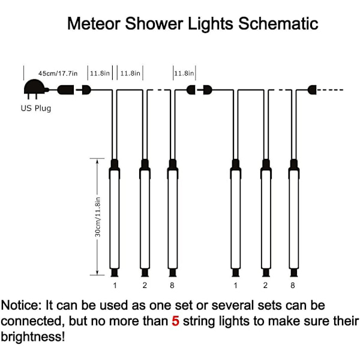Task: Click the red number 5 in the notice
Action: (x=175, y=320)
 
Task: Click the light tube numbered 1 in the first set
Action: (x=114, y=218)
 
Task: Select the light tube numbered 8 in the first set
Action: (x=173, y=218)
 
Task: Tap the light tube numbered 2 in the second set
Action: (x=265, y=218)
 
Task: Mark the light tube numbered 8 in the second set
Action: (x=294, y=218)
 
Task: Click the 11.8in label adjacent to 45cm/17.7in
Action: (x=100, y=73)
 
